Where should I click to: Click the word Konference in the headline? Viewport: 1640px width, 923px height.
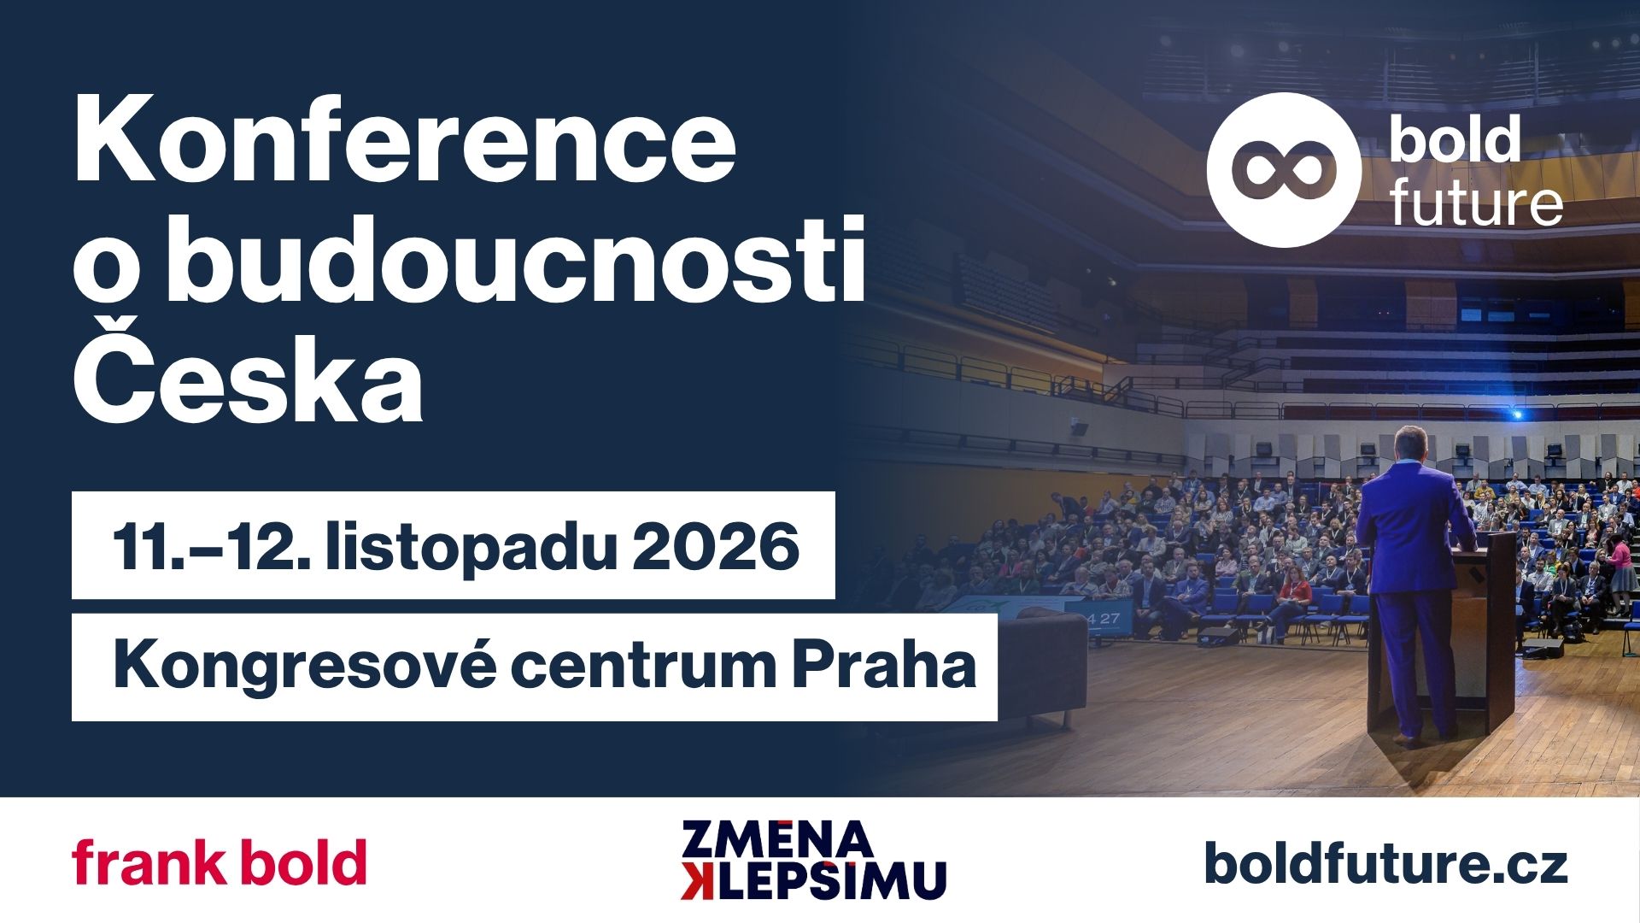[x=404, y=142]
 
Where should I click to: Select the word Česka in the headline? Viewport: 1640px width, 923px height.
[x=248, y=370]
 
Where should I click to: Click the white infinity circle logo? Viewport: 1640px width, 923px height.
[x=1283, y=170]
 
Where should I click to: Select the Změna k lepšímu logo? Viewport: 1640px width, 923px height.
[x=814, y=860]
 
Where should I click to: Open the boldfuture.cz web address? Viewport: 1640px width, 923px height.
[x=1386, y=863]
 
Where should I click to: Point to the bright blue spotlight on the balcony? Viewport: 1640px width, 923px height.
[x=1517, y=414]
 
